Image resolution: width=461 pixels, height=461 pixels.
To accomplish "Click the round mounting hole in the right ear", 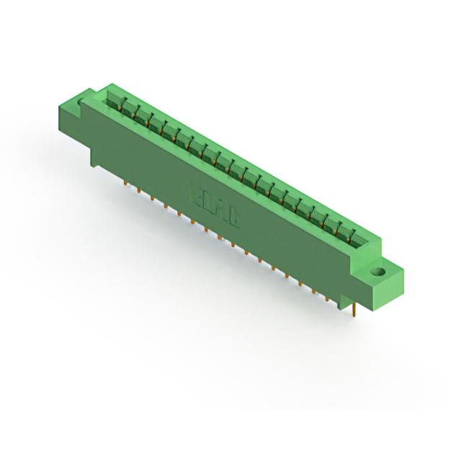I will click(375, 274).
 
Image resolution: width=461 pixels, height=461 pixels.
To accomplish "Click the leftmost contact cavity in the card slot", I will click(115, 102).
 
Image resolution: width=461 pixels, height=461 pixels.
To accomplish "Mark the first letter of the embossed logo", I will click(195, 193).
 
